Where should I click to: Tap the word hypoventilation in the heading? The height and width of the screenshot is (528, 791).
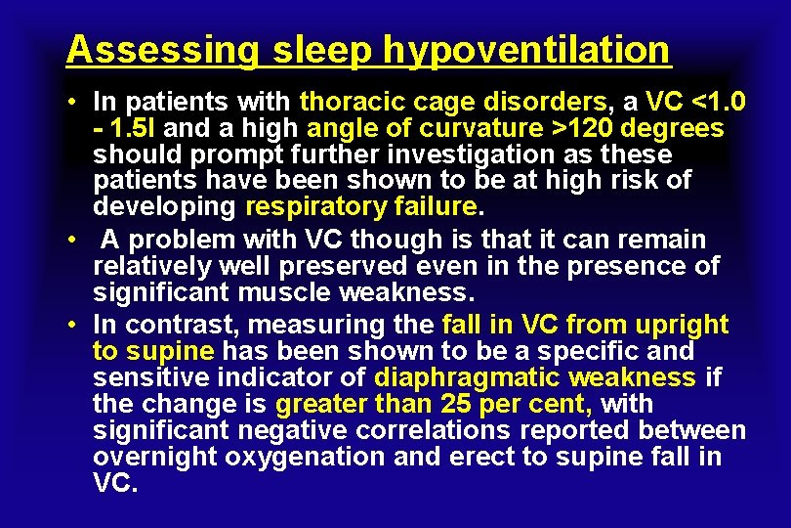pyautogui.click(x=527, y=49)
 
